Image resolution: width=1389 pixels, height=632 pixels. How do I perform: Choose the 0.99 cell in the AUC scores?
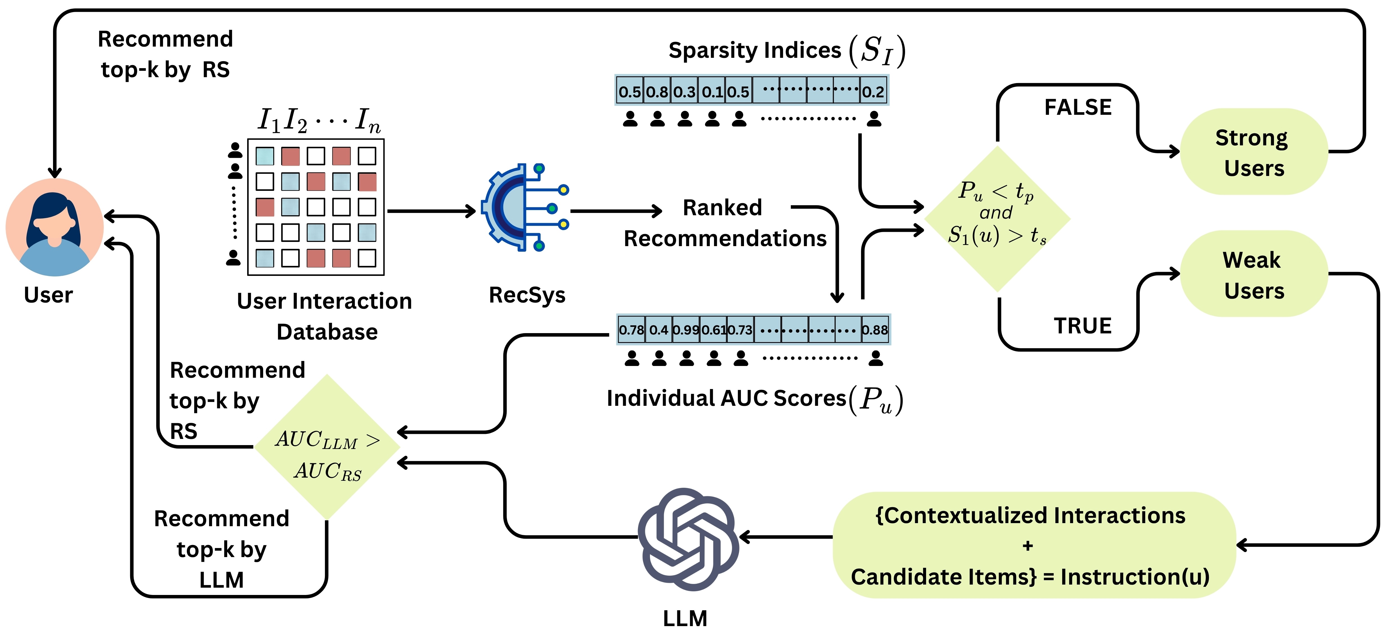[x=686, y=329]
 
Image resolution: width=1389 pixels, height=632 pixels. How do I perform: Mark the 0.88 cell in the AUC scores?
[x=874, y=329]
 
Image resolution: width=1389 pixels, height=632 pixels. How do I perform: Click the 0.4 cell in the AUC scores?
[x=658, y=329]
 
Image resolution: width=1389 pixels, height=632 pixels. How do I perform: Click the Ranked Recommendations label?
[x=724, y=223]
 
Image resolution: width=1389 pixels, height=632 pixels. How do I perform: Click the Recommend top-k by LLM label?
[x=222, y=549]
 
